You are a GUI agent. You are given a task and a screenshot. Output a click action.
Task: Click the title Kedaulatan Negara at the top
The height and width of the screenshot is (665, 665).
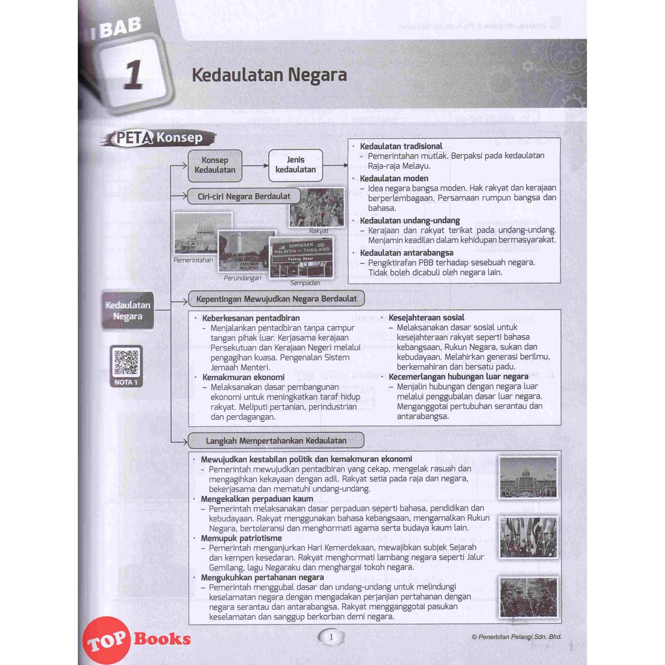click(x=269, y=75)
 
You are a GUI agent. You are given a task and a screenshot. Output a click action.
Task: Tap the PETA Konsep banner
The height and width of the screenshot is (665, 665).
click(x=158, y=138)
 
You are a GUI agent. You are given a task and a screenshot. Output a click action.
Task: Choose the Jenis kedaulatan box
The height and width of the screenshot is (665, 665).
click(x=295, y=165)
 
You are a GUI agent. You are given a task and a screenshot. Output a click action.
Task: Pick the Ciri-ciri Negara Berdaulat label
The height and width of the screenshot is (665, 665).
click(x=244, y=196)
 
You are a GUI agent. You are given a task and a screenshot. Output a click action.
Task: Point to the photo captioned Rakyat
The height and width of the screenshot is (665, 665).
click(x=317, y=207)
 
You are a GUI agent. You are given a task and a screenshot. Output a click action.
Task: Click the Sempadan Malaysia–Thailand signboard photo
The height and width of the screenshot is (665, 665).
click(x=301, y=257)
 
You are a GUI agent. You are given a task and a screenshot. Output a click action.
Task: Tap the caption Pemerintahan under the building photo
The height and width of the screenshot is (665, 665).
click(x=193, y=260)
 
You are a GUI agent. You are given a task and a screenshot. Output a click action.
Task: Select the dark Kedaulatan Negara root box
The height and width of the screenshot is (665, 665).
click(x=128, y=310)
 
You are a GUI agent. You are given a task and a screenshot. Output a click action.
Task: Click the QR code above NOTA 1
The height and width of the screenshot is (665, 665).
click(x=126, y=362)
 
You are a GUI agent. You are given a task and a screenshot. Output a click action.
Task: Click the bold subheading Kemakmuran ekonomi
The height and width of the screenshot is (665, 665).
click(x=243, y=377)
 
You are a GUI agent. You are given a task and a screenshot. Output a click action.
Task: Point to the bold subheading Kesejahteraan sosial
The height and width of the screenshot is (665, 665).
click(x=426, y=318)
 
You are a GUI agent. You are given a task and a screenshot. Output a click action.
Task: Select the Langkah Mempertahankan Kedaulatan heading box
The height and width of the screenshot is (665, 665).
click(x=276, y=440)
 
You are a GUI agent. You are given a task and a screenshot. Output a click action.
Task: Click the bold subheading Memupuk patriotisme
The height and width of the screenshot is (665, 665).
click(x=241, y=538)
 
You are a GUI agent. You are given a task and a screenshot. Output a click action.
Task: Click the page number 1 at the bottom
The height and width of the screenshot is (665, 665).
click(x=331, y=637)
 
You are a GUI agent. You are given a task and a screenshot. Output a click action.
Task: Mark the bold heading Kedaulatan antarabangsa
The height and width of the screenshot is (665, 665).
click(x=407, y=253)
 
